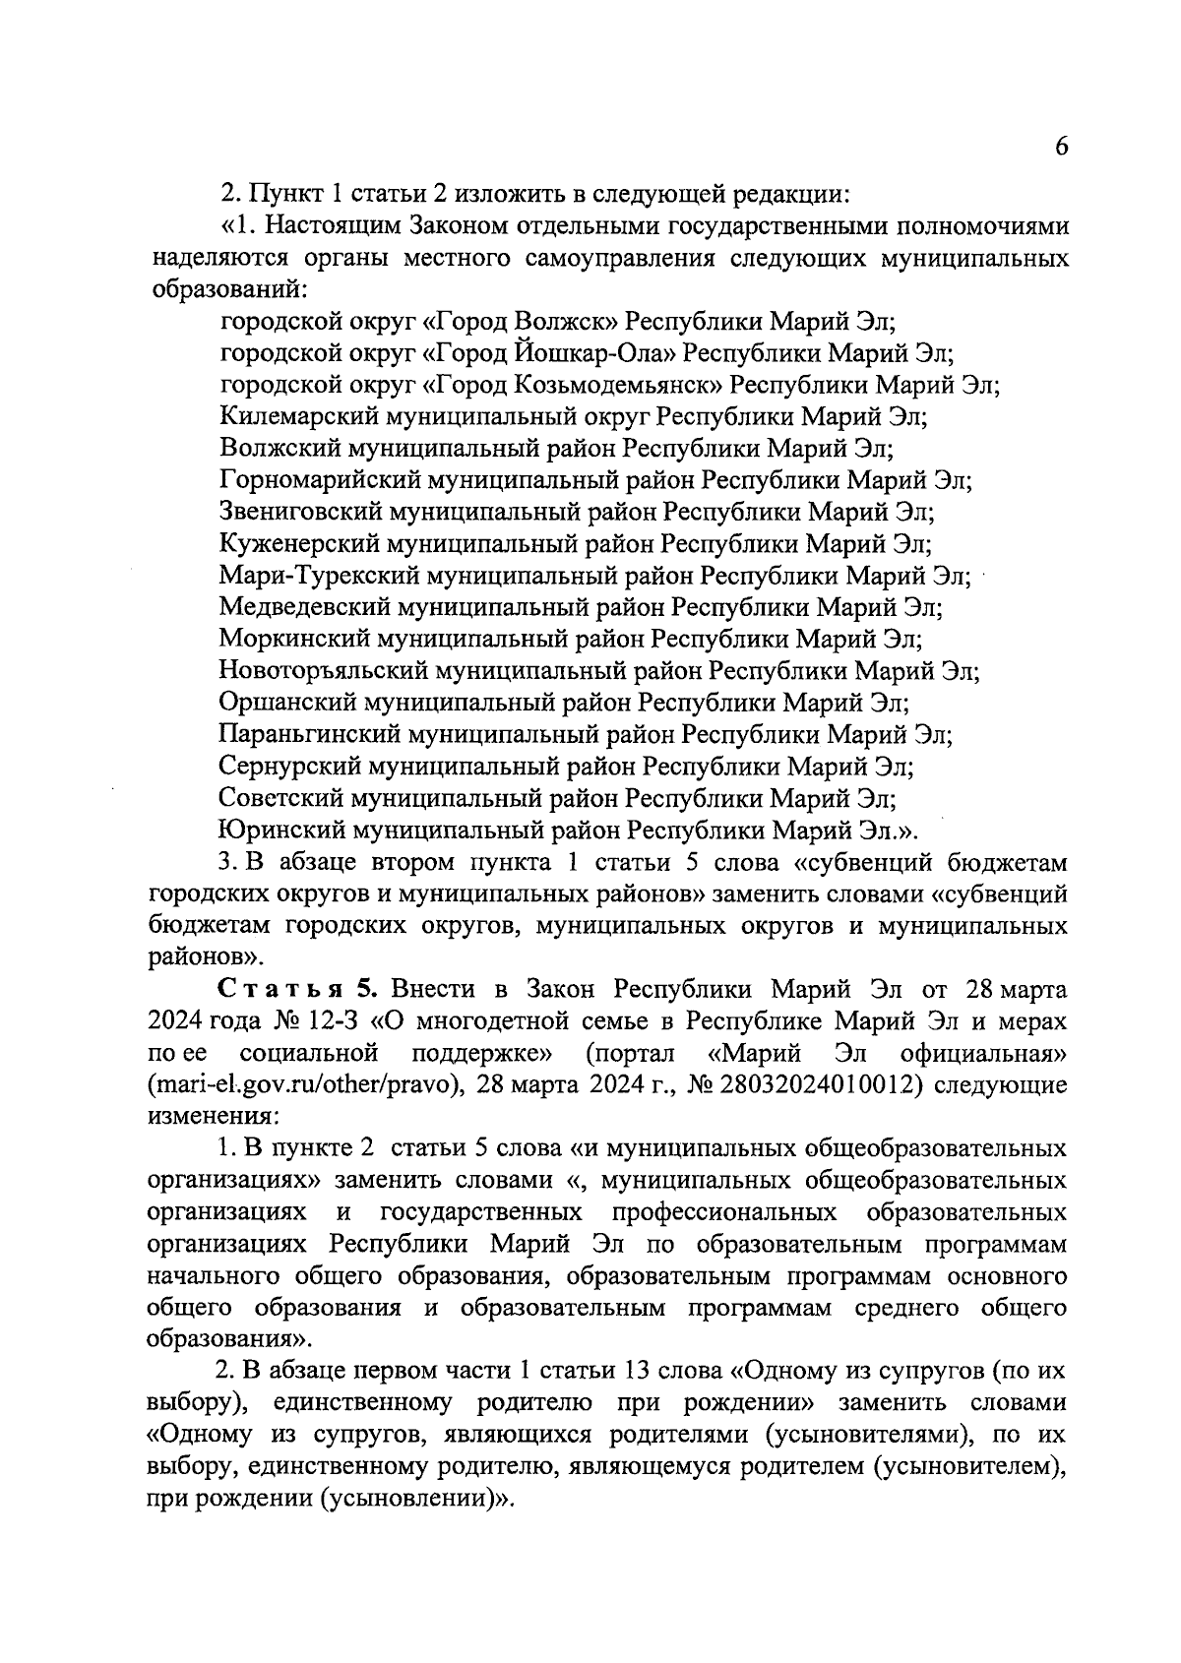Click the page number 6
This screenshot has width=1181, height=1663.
(1062, 147)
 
